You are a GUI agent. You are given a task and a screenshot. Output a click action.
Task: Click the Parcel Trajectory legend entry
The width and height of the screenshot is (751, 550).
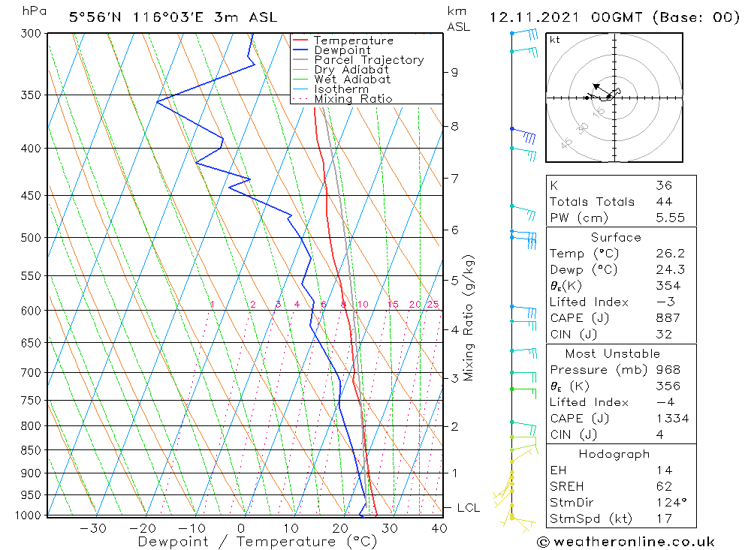click(368, 60)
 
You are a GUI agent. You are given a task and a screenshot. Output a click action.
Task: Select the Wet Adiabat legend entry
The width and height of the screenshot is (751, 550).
click(352, 80)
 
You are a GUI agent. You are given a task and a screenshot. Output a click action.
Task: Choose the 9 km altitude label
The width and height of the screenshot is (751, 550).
click(454, 72)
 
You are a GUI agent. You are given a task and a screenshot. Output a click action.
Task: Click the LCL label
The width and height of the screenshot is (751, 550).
click(468, 508)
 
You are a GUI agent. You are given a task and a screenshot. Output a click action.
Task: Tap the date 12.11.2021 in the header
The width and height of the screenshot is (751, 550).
click(532, 17)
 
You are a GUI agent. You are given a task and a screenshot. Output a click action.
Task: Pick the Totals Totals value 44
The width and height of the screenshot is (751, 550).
click(663, 202)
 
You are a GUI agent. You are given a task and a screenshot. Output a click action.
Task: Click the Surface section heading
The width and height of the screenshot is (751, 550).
click(616, 238)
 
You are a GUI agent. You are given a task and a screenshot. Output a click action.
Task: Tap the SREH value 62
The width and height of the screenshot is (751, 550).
click(663, 486)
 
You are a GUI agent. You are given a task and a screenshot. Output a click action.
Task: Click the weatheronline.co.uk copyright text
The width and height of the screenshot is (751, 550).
click(626, 542)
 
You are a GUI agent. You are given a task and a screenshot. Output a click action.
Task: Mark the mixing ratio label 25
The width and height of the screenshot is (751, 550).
click(433, 304)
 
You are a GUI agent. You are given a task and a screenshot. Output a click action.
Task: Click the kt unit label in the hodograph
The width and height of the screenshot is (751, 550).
click(554, 40)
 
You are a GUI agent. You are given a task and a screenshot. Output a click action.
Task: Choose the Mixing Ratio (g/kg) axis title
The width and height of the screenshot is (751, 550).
click(469, 318)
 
